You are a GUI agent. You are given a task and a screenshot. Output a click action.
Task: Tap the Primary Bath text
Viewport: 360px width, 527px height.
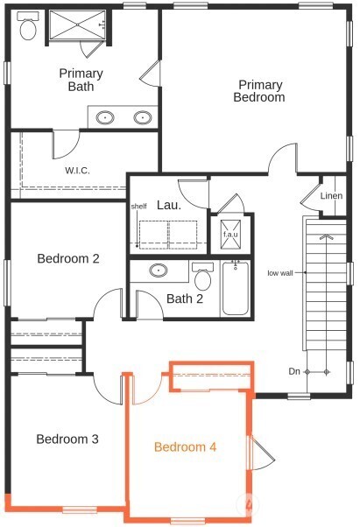[81, 80]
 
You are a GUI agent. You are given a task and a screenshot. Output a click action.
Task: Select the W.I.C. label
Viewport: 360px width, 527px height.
[77, 171]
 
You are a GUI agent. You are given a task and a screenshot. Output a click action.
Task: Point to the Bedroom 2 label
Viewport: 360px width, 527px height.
[67, 258]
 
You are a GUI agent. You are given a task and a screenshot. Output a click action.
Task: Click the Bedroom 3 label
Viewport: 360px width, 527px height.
[67, 439]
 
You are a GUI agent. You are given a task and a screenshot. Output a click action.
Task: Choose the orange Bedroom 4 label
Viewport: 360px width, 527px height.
[185, 447]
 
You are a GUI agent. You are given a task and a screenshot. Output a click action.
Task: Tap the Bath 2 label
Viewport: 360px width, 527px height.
[185, 299]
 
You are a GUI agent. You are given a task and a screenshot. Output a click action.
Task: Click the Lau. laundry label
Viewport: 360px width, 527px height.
[168, 206]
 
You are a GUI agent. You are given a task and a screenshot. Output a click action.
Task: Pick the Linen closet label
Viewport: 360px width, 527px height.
[331, 196]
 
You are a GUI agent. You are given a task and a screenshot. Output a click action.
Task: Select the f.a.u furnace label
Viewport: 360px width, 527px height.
[230, 235]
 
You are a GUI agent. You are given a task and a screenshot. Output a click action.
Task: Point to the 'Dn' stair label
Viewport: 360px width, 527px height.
[294, 372]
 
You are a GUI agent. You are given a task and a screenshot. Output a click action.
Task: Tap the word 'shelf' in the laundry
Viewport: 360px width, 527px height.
[138, 207]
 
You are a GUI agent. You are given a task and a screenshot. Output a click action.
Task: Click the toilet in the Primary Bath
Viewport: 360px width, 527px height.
[26, 29]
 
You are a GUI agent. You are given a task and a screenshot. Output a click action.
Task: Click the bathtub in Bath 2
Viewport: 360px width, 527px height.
[236, 288]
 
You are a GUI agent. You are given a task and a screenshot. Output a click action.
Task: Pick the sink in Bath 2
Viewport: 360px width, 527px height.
[160, 271]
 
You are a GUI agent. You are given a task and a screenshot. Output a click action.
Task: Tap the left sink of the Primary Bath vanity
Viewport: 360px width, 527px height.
[106, 116]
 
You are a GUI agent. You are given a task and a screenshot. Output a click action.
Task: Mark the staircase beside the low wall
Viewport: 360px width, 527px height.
[325, 298]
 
